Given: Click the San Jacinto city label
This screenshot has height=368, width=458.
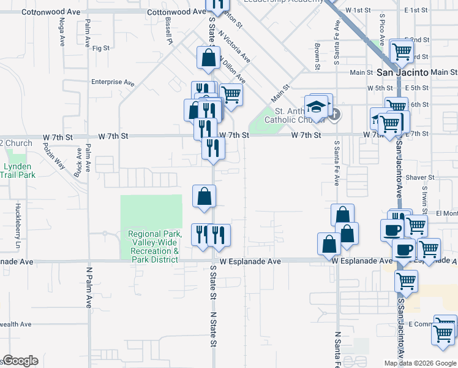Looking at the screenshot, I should (x=400, y=72).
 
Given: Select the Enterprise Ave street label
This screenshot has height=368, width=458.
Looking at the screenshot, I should (x=112, y=82).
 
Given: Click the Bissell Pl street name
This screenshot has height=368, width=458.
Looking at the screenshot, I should (x=168, y=31).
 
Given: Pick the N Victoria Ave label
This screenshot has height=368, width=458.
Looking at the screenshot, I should (x=237, y=46).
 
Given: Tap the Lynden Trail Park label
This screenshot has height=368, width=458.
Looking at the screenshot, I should (x=18, y=171).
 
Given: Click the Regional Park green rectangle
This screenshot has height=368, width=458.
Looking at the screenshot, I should (x=151, y=212).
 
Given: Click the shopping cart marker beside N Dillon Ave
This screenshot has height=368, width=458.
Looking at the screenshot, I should (x=231, y=94).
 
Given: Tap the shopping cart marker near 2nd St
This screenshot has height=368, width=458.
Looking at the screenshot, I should (x=402, y=52).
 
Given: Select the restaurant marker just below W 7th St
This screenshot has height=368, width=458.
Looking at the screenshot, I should (x=213, y=148).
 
